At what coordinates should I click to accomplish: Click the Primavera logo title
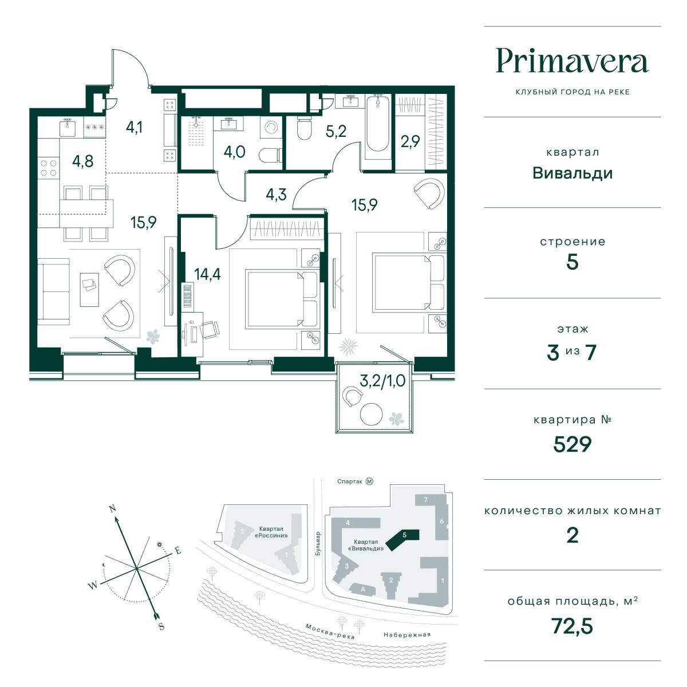(x=572, y=62)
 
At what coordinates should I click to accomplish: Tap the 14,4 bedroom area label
(x=207, y=274)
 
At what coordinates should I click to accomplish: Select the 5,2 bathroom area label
(x=336, y=131)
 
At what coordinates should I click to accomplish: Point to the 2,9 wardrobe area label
(x=410, y=141)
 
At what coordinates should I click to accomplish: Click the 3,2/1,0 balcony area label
(x=382, y=381)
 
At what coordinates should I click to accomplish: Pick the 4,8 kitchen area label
(x=82, y=161)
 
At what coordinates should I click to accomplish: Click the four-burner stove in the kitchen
(x=49, y=168)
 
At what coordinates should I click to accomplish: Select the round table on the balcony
(x=371, y=413)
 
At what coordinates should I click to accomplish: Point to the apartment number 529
(x=572, y=444)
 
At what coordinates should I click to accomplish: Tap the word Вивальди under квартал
(x=572, y=173)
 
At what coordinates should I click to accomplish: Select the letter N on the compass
(x=113, y=509)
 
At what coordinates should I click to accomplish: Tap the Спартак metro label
(x=349, y=481)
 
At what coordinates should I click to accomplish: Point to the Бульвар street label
(x=318, y=544)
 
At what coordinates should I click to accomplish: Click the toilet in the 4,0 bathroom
(x=269, y=156)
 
